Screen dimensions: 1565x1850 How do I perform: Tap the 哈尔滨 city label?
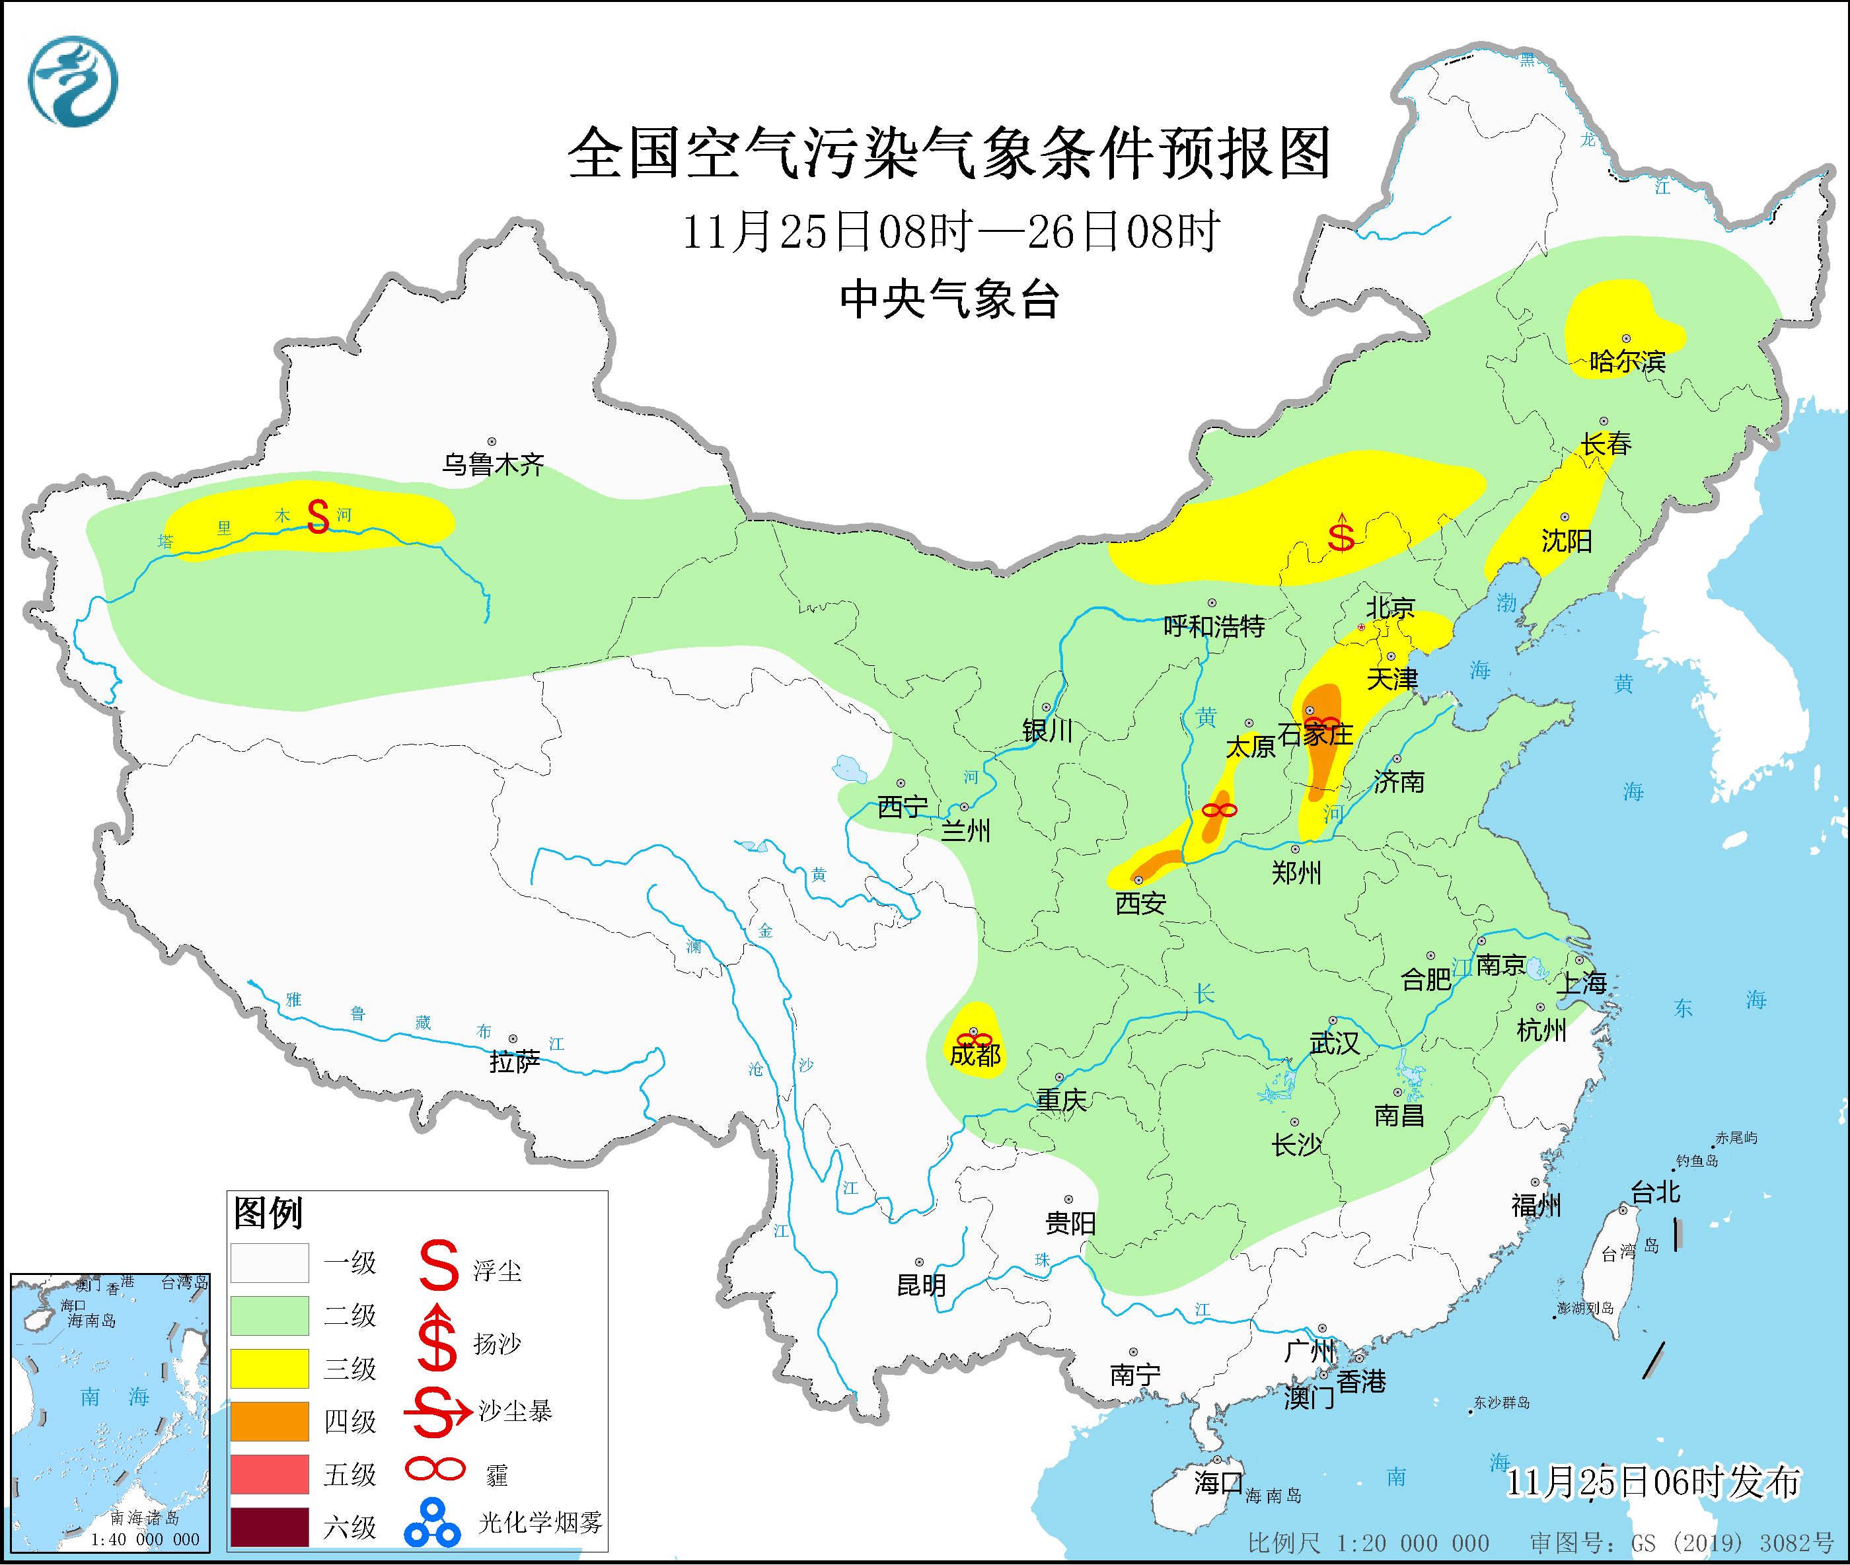(1627, 362)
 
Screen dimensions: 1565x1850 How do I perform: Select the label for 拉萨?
(514, 1062)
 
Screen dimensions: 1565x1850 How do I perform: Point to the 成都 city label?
(975, 1055)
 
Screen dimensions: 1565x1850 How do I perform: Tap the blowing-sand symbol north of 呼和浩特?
(1341, 532)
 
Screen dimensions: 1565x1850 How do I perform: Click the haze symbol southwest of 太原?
(1219, 810)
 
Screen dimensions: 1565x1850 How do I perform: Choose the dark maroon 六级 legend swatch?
(270, 1526)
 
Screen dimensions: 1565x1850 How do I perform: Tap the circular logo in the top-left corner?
(73, 82)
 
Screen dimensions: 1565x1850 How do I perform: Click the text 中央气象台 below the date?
(949, 299)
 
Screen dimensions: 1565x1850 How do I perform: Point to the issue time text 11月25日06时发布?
(1653, 1482)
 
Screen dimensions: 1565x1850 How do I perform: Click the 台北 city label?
(1655, 1192)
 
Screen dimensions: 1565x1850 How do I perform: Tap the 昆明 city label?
(921, 1285)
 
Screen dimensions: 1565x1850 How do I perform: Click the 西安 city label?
(1140, 903)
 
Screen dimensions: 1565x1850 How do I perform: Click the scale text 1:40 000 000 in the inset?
(145, 1539)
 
